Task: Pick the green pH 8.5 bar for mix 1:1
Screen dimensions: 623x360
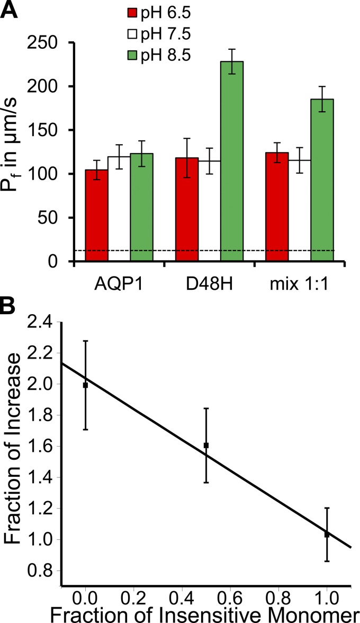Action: pyautogui.click(x=322, y=180)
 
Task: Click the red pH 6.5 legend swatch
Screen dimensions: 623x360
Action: pyautogui.click(x=132, y=12)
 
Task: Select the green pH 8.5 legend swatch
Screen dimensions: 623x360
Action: pyautogui.click(x=132, y=50)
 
